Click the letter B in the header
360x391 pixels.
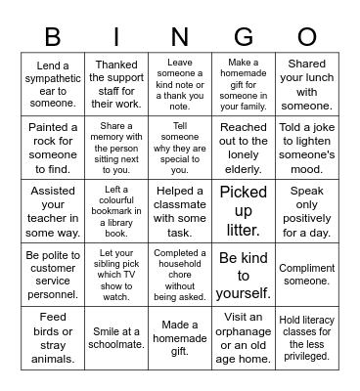(53, 38)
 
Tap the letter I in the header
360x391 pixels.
(116, 38)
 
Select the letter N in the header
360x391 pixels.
(180, 38)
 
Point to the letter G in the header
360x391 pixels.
(244, 38)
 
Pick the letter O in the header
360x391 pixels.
(307, 38)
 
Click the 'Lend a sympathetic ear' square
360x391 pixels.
(53, 84)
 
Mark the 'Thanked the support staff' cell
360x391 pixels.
(116, 84)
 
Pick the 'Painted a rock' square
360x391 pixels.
(53, 147)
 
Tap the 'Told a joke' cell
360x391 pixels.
(307, 147)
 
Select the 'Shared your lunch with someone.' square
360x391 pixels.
(307, 84)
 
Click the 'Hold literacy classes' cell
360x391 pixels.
(307, 337)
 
